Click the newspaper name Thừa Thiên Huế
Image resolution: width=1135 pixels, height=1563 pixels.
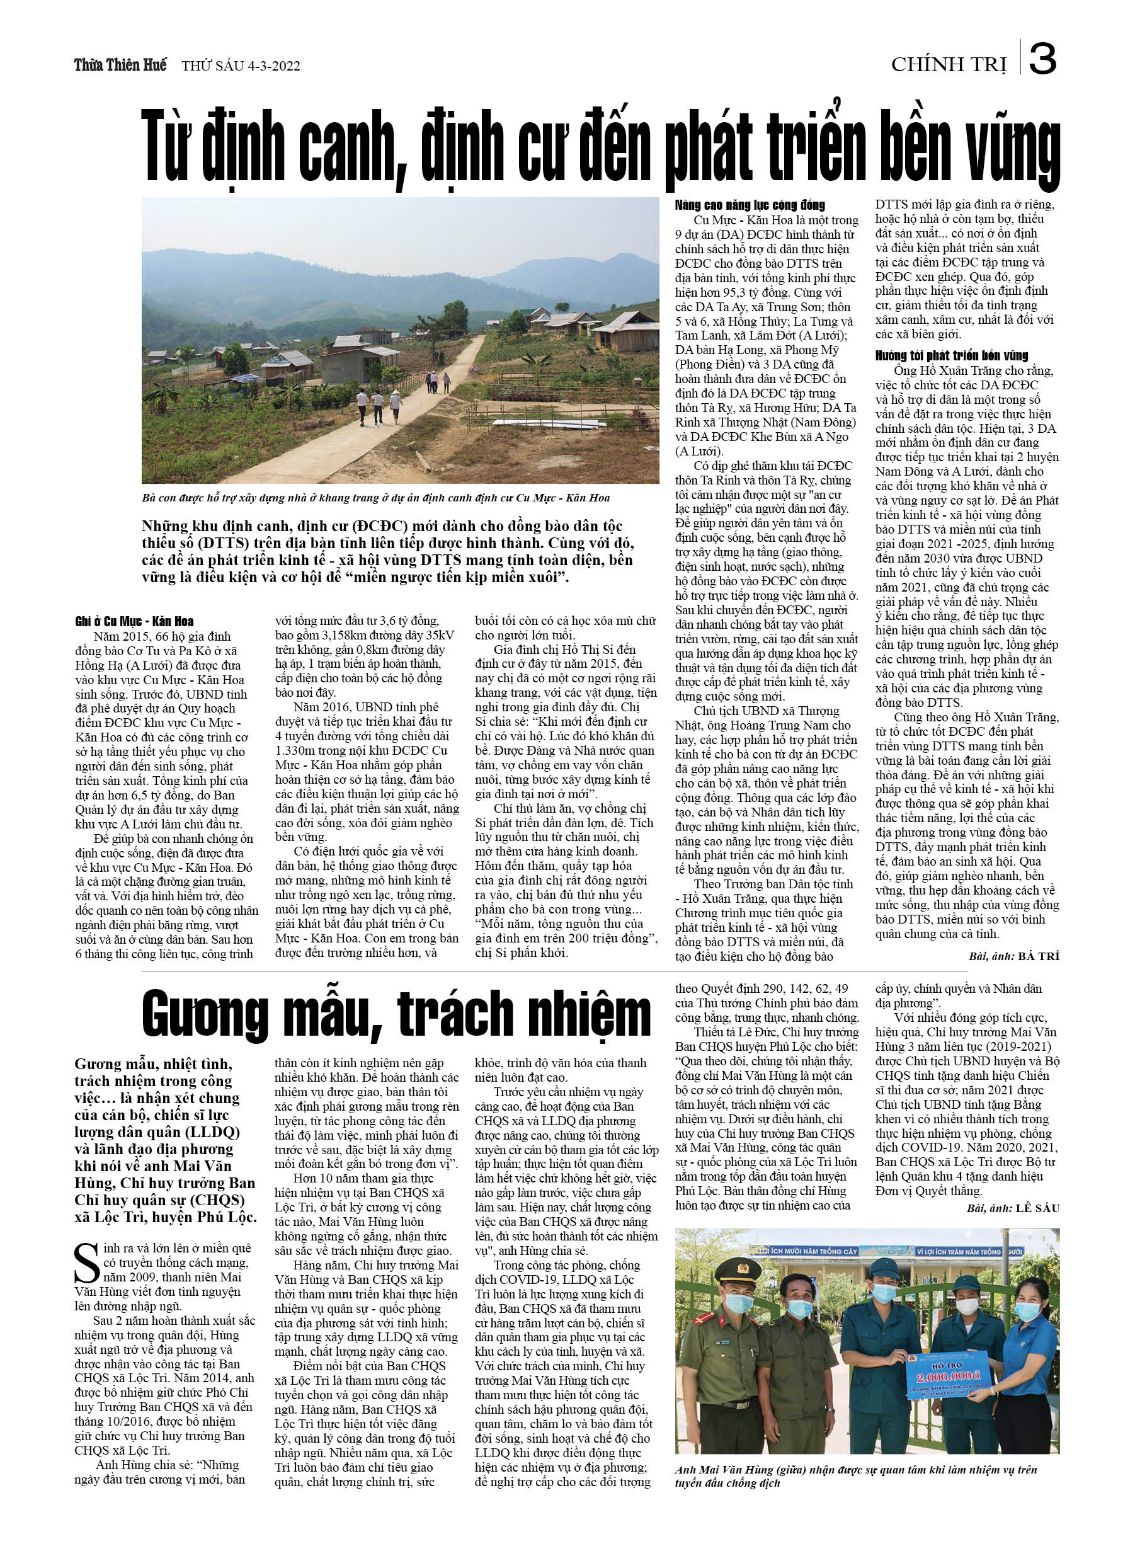pos(120,66)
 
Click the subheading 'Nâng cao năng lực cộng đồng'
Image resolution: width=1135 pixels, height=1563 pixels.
pos(750,205)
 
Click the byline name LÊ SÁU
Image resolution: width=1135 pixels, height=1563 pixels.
pos(1037,1208)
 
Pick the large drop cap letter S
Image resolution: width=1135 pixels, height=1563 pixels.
pos(87,1264)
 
